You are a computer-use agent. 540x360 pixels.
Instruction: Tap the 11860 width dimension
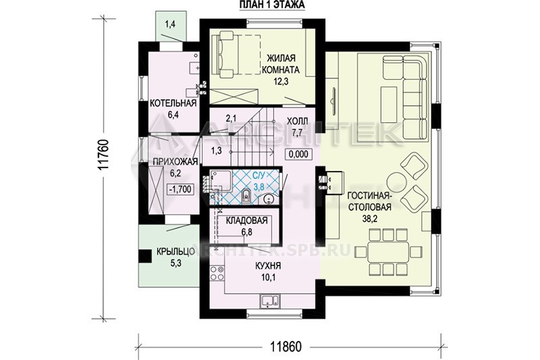[286, 346]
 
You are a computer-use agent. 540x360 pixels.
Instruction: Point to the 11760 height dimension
[103, 155]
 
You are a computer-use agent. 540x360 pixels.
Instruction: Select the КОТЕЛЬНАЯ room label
[173, 103]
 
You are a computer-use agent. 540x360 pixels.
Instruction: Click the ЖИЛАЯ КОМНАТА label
[281, 63]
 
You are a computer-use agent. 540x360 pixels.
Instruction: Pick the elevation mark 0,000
[298, 154]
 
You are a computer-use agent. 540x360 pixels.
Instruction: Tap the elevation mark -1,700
[180, 189]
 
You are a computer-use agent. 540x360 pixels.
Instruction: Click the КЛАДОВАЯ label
[247, 220]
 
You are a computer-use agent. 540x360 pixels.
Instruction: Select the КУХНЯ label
[268, 266]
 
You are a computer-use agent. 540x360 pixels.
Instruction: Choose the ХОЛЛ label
[298, 121]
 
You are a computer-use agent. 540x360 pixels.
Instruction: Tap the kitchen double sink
[271, 301]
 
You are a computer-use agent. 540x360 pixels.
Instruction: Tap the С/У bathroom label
[259, 176]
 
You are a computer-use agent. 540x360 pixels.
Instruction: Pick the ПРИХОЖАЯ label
[175, 161]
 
